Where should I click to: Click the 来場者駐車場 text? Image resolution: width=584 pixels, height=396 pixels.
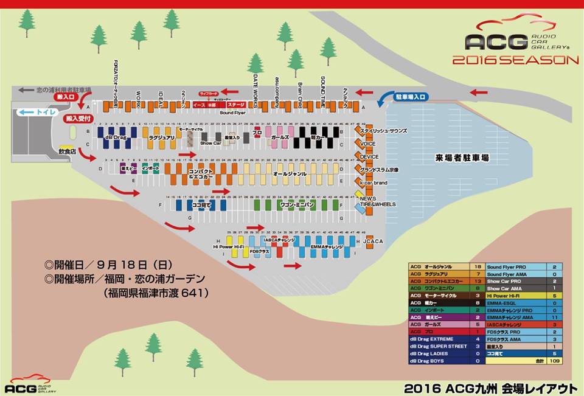[x=462, y=158]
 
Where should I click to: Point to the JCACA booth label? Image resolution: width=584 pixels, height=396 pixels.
[x=373, y=241]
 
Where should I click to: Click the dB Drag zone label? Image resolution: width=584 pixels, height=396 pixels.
[x=115, y=138]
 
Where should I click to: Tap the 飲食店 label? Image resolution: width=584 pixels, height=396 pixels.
[x=66, y=149]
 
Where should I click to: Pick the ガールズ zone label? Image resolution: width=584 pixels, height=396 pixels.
[x=280, y=138]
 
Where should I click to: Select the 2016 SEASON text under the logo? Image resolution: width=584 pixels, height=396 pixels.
[x=515, y=60]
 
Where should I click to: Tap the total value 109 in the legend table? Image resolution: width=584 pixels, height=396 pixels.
[x=554, y=361]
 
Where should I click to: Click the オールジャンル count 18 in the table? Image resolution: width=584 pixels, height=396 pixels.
[x=478, y=266]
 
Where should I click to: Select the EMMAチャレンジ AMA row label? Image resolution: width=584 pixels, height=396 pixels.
[x=515, y=318]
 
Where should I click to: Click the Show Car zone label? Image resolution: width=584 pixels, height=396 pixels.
[x=211, y=144]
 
